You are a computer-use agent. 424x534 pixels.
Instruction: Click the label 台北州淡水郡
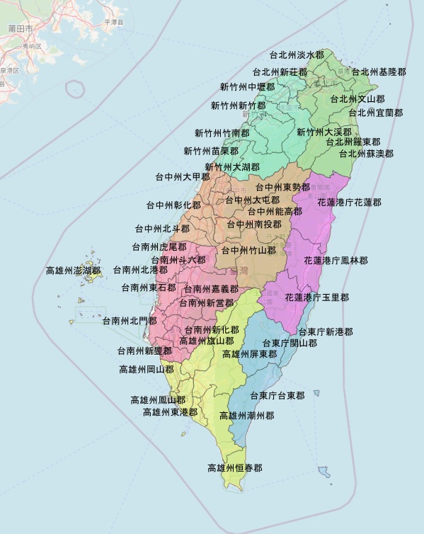click(x=297, y=55)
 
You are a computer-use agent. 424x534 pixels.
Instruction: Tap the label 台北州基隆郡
click(x=379, y=72)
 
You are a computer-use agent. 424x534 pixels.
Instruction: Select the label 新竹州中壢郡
click(x=247, y=87)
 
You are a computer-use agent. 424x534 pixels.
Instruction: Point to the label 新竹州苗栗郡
click(x=211, y=151)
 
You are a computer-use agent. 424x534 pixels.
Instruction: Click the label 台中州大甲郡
click(x=183, y=177)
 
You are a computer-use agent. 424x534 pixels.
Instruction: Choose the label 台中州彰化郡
click(x=173, y=205)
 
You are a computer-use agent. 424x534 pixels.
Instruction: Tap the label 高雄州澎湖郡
click(x=73, y=270)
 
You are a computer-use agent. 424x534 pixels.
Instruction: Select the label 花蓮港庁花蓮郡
click(x=350, y=203)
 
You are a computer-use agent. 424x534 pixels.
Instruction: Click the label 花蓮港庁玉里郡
click(x=317, y=297)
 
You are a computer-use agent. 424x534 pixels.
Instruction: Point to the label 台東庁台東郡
click(x=277, y=395)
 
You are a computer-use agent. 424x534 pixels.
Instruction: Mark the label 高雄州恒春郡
click(x=234, y=468)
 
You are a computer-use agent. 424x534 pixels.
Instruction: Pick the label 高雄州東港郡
click(x=170, y=411)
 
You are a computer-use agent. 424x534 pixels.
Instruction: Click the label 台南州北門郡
click(x=130, y=321)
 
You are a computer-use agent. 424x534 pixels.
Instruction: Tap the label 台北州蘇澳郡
click(x=366, y=153)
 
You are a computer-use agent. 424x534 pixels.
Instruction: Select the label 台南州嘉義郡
click(x=211, y=289)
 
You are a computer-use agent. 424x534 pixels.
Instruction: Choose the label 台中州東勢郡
click(x=282, y=187)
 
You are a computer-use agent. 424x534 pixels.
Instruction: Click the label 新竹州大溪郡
click(x=323, y=132)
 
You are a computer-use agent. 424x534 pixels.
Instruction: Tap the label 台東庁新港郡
click(x=325, y=331)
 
